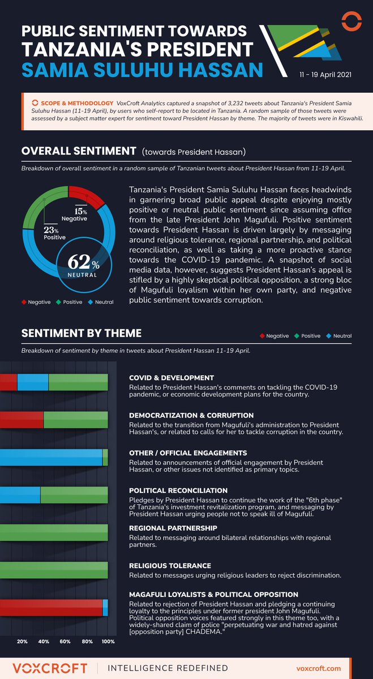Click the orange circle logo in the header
coord(352,22)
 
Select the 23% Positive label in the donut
coord(51,233)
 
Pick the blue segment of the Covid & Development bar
coord(33,383)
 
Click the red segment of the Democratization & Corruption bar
coord(22,420)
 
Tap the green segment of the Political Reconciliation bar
coord(74,495)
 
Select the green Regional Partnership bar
coord(54,532)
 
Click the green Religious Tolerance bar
coord(54,570)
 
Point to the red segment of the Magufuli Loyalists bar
coord(51,607)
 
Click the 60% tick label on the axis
coord(65,642)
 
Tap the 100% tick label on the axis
coord(108,642)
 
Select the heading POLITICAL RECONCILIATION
coord(178,491)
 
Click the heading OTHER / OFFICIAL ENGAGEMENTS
coord(188,453)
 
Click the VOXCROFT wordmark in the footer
coord(51,668)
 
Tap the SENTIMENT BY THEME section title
coord(82,333)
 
